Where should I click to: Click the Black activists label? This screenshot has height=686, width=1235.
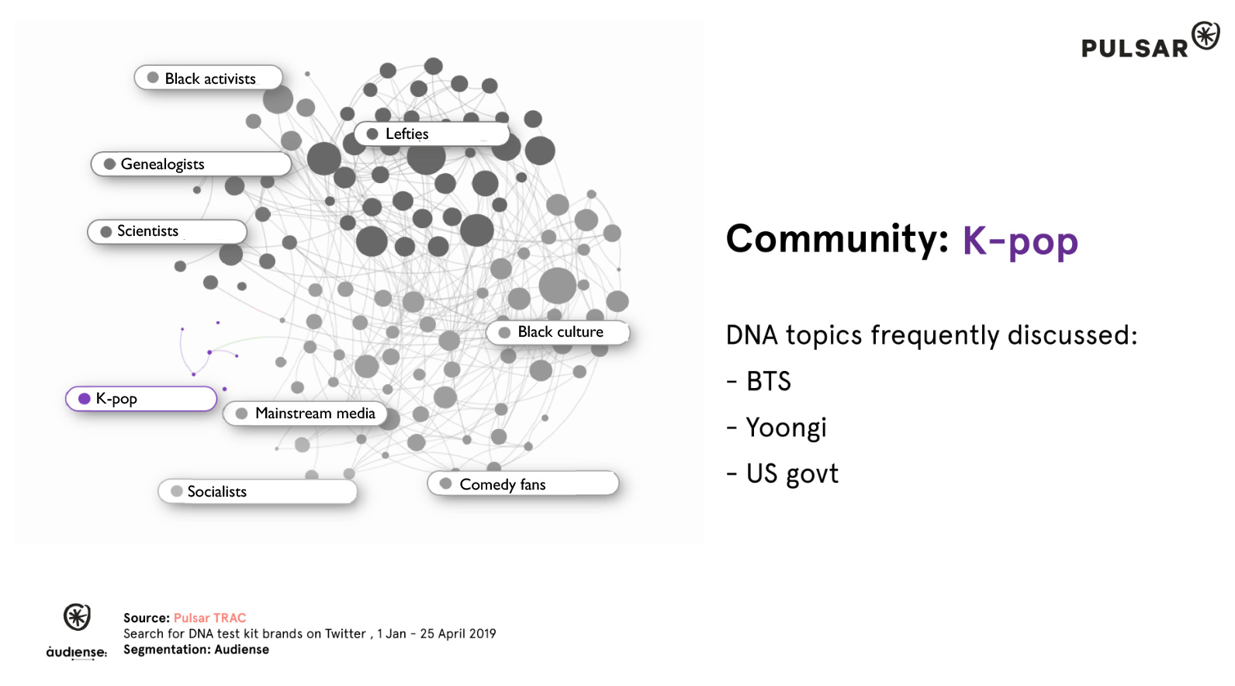pyautogui.click(x=209, y=78)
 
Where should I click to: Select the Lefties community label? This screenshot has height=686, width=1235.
pyautogui.click(x=431, y=134)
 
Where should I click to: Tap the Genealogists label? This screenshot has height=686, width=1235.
pyautogui.click(x=191, y=164)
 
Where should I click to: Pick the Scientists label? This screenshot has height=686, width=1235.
pyautogui.click(x=167, y=231)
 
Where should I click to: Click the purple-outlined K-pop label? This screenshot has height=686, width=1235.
pyautogui.click(x=141, y=399)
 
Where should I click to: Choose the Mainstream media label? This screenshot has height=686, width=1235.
pyautogui.click(x=305, y=414)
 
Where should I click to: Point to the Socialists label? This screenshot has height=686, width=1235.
pyautogui.click(x=258, y=491)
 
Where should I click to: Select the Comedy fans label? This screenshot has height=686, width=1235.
pyautogui.click(x=523, y=483)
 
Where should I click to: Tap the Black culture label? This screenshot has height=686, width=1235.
pyautogui.click(x=558, y=332)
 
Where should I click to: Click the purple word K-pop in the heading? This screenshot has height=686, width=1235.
pyautogui.click(x=1020, y=241)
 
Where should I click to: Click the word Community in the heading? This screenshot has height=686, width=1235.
pyautogui.click(x=836, y=238)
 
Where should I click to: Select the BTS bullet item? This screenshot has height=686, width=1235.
pyautogui.click(x=759, y=381)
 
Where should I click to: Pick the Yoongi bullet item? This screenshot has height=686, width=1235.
pyautogui.click(x=777, y=428)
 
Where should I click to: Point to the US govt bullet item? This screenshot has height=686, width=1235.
pyautogui.click(x=783, y=473)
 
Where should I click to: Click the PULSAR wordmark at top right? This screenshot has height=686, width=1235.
pyautogui.click(x=1135, y=48)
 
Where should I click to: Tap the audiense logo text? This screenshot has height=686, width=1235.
pyautogui.click(x=77, y=653)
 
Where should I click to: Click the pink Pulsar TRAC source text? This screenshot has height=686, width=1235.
pyautogui.click(x=210, y=618)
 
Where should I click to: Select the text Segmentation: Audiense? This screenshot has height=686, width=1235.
pyautogui.click(x=196, y=650)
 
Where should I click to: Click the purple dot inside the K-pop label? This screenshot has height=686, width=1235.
pyautogui.click(x=85, y=399)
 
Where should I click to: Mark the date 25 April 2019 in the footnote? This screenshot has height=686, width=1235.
pyautogui.click(x=458, y=633)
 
